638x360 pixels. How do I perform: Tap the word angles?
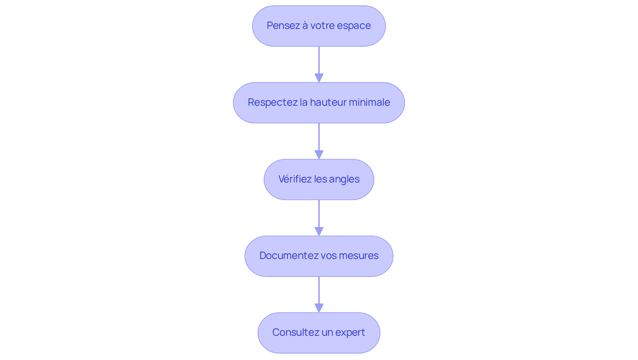[x=344, y=180]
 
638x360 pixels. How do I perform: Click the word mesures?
[x=361, y=256]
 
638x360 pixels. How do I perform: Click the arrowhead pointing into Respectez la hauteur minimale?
[x=319, y=78]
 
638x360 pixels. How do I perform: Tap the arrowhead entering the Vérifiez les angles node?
[x=319, y=155]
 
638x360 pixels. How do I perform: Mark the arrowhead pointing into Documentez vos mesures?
[x=319, y=232]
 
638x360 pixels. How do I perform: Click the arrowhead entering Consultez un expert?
[x=319, y=308]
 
